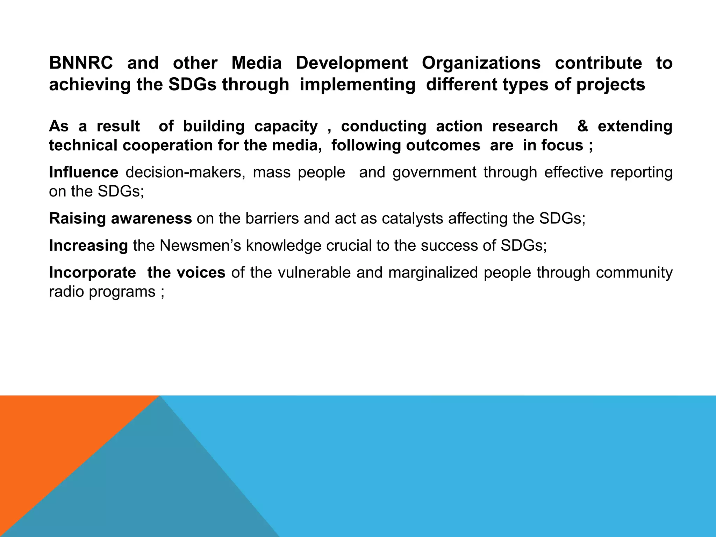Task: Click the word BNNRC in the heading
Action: click(81, 63)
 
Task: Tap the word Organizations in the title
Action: click(481, 63)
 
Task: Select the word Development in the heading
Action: click(352, 63)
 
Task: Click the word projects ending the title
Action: click(610, 85)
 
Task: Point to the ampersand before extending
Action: click(582, 126)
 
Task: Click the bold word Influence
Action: click(84, 172)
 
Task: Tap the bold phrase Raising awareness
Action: click(120, 219)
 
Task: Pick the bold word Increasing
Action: click(88, 245)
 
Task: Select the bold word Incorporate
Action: click(92, 272)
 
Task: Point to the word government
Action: click(434, 172)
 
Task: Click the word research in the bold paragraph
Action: click(525, 126)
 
